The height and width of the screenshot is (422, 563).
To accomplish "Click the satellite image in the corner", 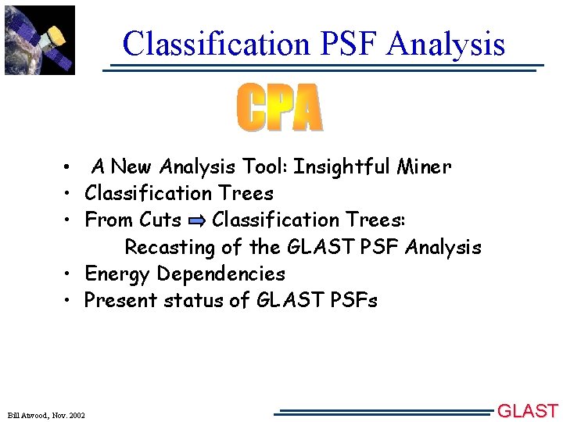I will coord(39,39).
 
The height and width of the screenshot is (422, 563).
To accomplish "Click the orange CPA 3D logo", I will coord(279,109).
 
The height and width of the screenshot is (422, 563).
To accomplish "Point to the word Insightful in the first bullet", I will coord(344,166).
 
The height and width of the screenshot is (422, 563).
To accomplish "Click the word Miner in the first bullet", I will coord(424,166).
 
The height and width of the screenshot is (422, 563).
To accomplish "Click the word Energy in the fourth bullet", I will coord(117,274).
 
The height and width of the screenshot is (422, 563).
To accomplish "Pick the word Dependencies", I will coord(221,274).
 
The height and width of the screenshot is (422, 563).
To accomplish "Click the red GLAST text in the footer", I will coord(529,411).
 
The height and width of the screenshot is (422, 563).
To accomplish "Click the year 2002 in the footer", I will coord(77,414).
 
